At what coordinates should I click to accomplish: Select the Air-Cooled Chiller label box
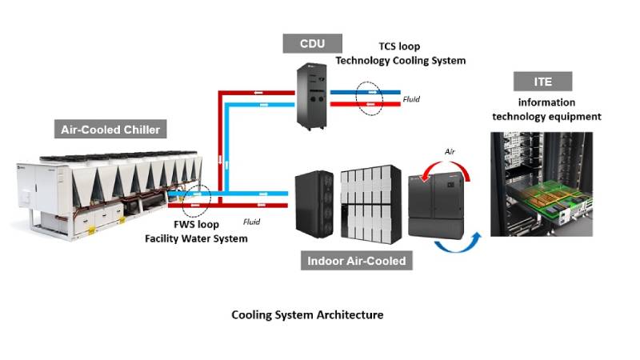pos(110,130)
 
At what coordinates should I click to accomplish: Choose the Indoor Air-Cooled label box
pos(356,261)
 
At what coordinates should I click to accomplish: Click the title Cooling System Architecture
pos(307,315)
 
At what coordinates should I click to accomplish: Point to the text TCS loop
pos(400,46)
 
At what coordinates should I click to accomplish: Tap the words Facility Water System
pos(196,238)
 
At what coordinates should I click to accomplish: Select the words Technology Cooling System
pos(400,61)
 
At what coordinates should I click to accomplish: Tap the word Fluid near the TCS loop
pos(410,100)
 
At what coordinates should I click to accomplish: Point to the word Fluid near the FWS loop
pos(253,221)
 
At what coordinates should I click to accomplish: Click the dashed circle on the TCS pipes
pos(369,98)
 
